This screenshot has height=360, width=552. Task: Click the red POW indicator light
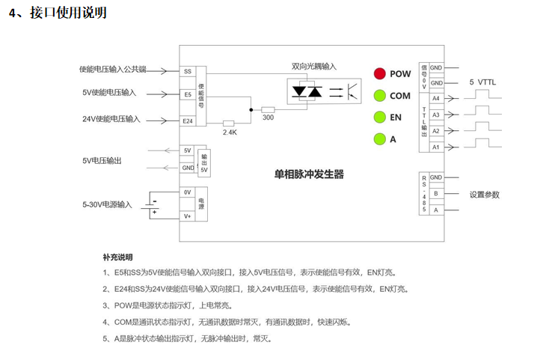(380, 73)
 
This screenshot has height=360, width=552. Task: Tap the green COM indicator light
(380, 95)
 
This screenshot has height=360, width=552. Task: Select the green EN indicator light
(380, 117)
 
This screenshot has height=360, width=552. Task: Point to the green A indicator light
(380, 138)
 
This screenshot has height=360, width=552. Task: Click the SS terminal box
(187, 72)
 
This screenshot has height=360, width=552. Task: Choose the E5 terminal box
(187, 95)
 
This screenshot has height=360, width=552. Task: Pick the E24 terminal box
(187, 120)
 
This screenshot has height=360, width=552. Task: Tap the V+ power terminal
(187, 216)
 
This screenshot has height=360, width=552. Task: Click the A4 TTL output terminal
(435, 98)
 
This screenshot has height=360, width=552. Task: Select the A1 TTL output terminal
(435, 147)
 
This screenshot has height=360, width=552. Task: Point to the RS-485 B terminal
(435, 194)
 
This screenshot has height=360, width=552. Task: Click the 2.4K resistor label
(230, 132)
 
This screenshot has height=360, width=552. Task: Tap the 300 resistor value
(268, 118)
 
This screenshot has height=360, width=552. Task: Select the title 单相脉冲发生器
(309, 174)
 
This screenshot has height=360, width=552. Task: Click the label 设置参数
(484, 195)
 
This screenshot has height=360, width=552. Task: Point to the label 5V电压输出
(102, 160)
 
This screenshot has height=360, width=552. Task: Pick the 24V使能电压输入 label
(111, 119)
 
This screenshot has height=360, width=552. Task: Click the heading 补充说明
(117, 257)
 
